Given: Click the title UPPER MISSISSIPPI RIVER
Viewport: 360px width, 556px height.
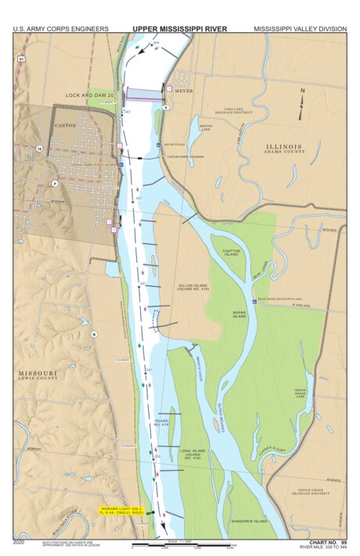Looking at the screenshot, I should tap(179, 29).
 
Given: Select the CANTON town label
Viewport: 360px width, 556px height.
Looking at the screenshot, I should tap(65, 124).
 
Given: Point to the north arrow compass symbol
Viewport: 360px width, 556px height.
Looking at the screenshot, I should tap(302, 103).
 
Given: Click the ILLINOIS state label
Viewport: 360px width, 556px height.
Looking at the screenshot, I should tap(283, 146).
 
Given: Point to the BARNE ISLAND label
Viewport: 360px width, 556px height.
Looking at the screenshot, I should tap(239, 315).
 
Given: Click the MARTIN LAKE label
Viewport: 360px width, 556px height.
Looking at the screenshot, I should tap(205, 127).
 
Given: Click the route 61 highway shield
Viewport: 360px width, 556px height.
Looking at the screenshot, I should tap(21, 59).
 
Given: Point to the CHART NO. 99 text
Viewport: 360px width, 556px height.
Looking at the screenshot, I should tap(327, 541).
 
